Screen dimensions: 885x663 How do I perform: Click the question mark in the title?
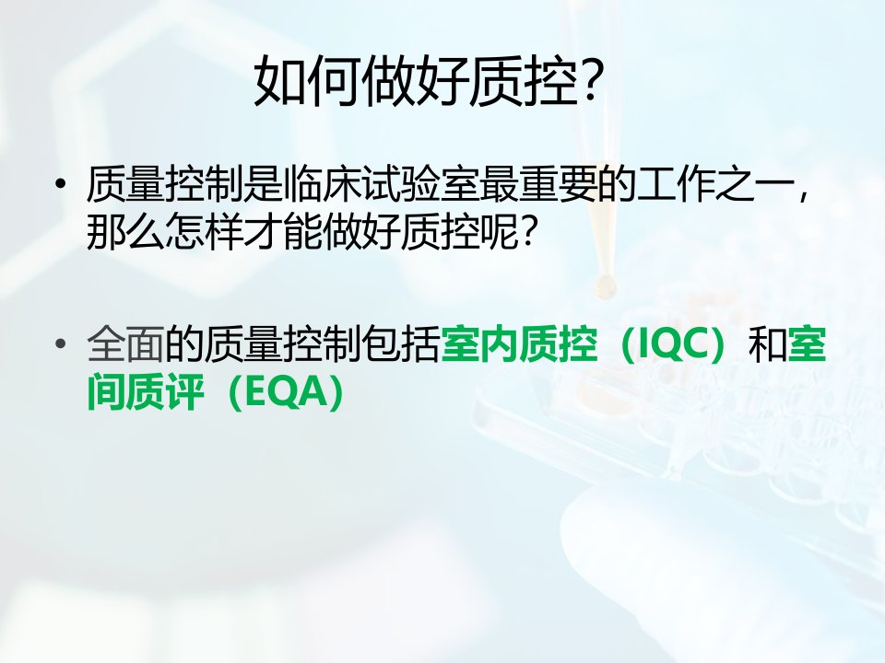click(x=590, y=81)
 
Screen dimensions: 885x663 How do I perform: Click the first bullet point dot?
click(x=61, y=184)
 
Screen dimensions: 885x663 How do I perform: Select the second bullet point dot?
click(x=61, y=343)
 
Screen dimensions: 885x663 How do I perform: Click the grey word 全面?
click(x=125, y=343)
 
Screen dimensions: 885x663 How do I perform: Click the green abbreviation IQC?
click(x=673, y=343)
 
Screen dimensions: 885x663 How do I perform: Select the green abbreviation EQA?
click(x=279, y=392)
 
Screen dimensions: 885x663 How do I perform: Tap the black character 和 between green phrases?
click(x=767, y=343)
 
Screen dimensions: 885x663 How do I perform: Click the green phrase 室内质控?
click(x=518, y=343)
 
